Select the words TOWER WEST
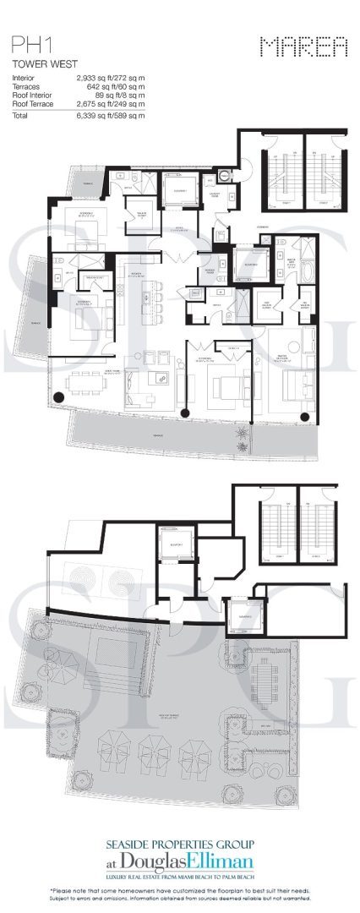tap(36, 63)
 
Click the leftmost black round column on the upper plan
tap(58, 396)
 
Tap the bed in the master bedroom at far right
tap(287, 385)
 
